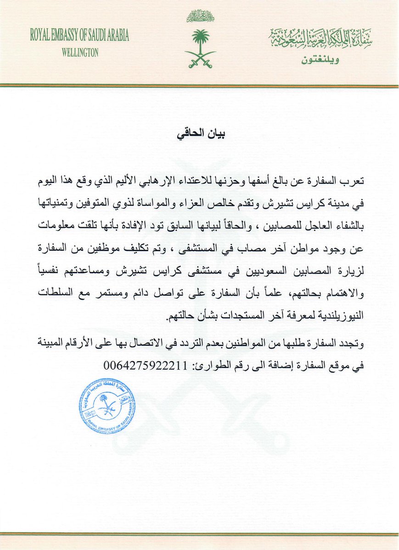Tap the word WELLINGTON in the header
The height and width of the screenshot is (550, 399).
80,53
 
